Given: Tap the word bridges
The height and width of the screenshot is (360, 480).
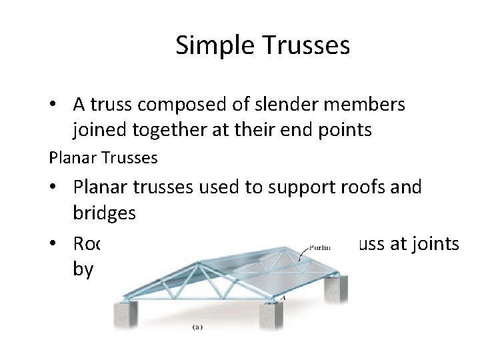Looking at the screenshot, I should (105, 213).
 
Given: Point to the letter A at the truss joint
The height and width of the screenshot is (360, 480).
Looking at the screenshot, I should (283, 299).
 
